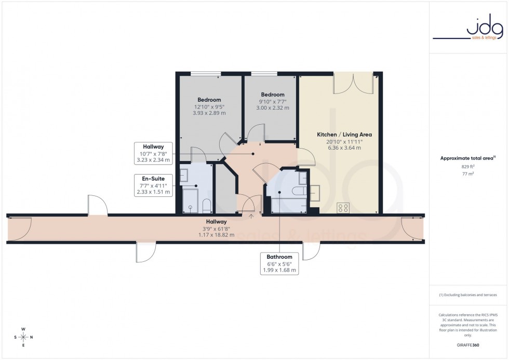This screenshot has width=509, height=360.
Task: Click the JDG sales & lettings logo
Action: [468, 30]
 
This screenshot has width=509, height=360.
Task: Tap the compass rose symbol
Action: [23, 337]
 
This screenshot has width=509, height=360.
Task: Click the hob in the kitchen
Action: [343, 208]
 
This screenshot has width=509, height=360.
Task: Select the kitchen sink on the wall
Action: [315, 192]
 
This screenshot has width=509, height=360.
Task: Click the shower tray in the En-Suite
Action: [191, 201]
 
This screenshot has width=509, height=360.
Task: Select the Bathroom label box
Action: [279, 263]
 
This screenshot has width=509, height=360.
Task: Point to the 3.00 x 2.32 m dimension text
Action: [273, 108]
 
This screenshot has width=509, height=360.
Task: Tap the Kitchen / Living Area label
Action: [344, 135]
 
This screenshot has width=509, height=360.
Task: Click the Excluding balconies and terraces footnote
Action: [468, 295]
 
